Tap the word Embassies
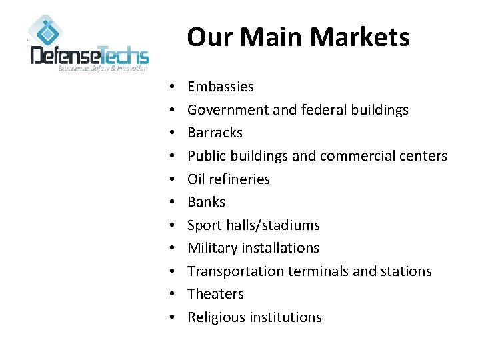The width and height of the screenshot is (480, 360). click(x=221, y=87)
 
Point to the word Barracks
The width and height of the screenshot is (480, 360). click(x=215, y=133)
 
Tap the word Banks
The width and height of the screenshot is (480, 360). click(x=207, y=202)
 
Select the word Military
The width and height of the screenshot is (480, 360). click(x=213, y=248)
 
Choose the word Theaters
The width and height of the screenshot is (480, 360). click(x=215, y=294)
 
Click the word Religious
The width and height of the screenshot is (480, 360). click(x=217, y=317)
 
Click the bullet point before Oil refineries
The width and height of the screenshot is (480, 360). click(x=171, y=179)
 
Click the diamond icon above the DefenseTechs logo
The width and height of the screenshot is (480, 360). click(x=46, y=31)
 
